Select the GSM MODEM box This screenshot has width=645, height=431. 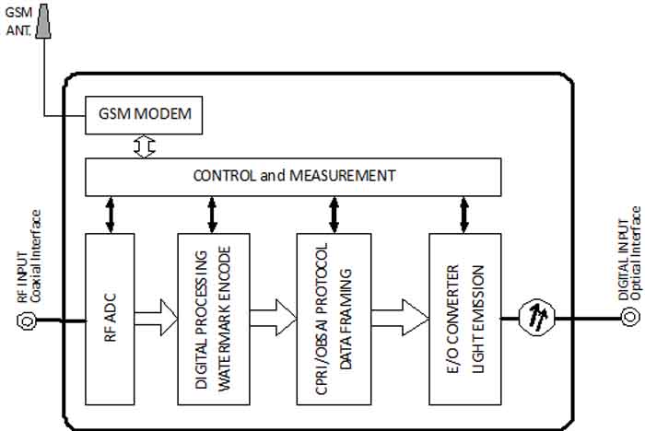143,114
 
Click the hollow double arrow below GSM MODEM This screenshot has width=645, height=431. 143,146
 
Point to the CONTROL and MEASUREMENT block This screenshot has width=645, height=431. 293,176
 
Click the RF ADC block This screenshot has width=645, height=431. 110,319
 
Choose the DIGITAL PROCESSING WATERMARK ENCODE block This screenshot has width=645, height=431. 213,319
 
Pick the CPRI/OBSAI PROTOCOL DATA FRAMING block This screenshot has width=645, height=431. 333,319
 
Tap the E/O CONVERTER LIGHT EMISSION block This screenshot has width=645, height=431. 464,319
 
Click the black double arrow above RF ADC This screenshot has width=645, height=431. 110,214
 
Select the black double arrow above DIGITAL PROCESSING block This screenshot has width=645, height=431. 213,214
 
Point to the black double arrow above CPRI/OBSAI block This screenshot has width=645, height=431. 333,214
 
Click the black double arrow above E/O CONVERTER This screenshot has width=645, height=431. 464,214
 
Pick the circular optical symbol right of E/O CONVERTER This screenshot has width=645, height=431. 534,319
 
